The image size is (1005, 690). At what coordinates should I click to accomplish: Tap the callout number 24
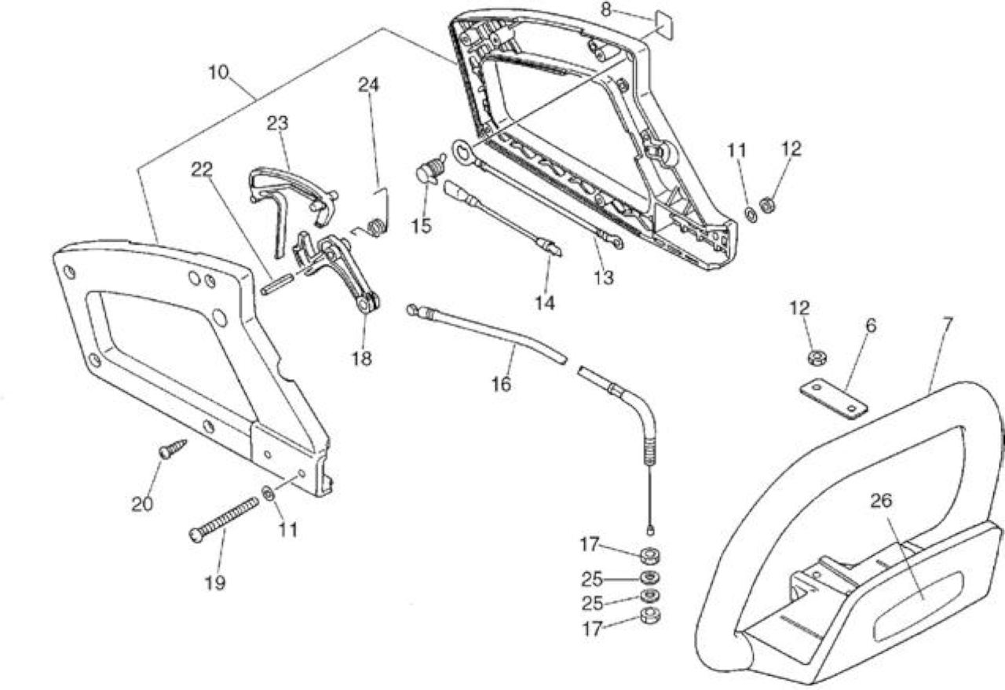point(368,85)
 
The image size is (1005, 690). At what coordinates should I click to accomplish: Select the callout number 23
point(278,123)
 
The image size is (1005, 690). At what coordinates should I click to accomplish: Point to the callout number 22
point(202,170)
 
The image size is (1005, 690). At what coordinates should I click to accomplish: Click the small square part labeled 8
point(664,25)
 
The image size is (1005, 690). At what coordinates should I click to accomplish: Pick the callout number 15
point(422,225)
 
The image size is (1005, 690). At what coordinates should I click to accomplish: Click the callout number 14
point(545,303)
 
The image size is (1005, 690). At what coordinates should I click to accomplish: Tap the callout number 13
point(604,278)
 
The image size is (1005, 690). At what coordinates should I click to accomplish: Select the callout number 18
point(362,359)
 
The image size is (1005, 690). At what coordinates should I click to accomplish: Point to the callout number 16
point(501,384)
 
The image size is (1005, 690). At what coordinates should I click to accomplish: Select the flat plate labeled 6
point(834,399)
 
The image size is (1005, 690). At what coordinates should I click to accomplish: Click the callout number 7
point(947,324)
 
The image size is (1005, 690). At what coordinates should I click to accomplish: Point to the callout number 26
point(881,501)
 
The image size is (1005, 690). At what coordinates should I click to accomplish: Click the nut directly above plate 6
point(817,358)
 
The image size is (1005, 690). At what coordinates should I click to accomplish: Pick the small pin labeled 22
point(277,285)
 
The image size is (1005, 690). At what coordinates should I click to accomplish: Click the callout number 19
point(215,582)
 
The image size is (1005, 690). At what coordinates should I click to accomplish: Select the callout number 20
point(142,505)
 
